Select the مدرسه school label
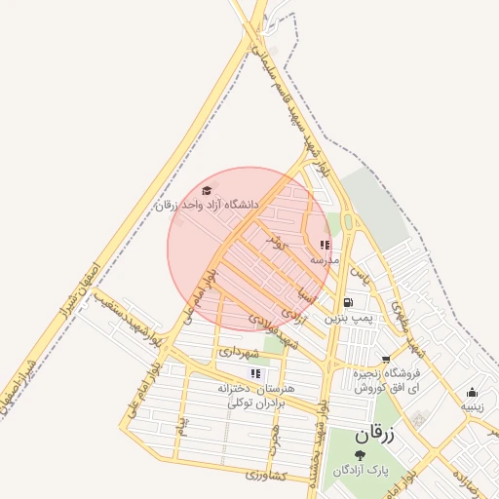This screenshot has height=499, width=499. coord(325,261)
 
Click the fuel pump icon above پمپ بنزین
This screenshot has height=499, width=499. coord(348,303)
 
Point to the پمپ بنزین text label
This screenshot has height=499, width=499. coord(348,318)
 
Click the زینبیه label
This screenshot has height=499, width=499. coord(472,407)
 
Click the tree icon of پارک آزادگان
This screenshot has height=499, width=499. coord(361,454)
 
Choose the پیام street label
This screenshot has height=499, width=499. coord(181,425)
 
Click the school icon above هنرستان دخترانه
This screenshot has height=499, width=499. coord(255,373)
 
